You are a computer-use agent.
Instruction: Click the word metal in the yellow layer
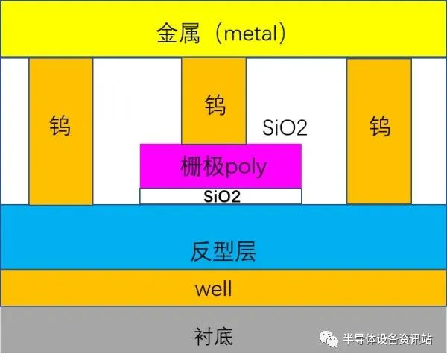coord(250,33)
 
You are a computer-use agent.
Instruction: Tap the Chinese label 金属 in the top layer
coord(178,33)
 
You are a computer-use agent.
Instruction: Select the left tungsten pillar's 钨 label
coord(60,125)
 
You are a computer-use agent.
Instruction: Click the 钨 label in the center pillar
coord(215,105)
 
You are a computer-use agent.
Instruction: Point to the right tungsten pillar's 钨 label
coord(380,126)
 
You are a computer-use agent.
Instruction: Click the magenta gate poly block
coord(221,166)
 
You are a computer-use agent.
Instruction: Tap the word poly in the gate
coord(246,168)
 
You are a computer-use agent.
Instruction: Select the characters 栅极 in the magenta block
coord(203,166)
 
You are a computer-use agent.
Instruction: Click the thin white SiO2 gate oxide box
coord(221,196)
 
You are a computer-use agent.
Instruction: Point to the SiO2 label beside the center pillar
coord(285,127)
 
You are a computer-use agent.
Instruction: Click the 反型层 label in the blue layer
coord(223,251)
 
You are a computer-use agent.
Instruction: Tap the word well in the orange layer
coord(214,288)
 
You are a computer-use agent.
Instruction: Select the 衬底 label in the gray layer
coord(214,337)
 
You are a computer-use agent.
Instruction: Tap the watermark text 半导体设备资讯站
coord(387,339)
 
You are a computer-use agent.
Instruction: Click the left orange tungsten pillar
coord(61,131)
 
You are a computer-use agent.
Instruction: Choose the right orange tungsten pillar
coord(379,131)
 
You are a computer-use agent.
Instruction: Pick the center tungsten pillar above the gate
coord(214,101)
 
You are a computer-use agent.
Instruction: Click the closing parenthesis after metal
coord(282,34)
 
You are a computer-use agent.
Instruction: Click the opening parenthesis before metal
coord(219,34)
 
